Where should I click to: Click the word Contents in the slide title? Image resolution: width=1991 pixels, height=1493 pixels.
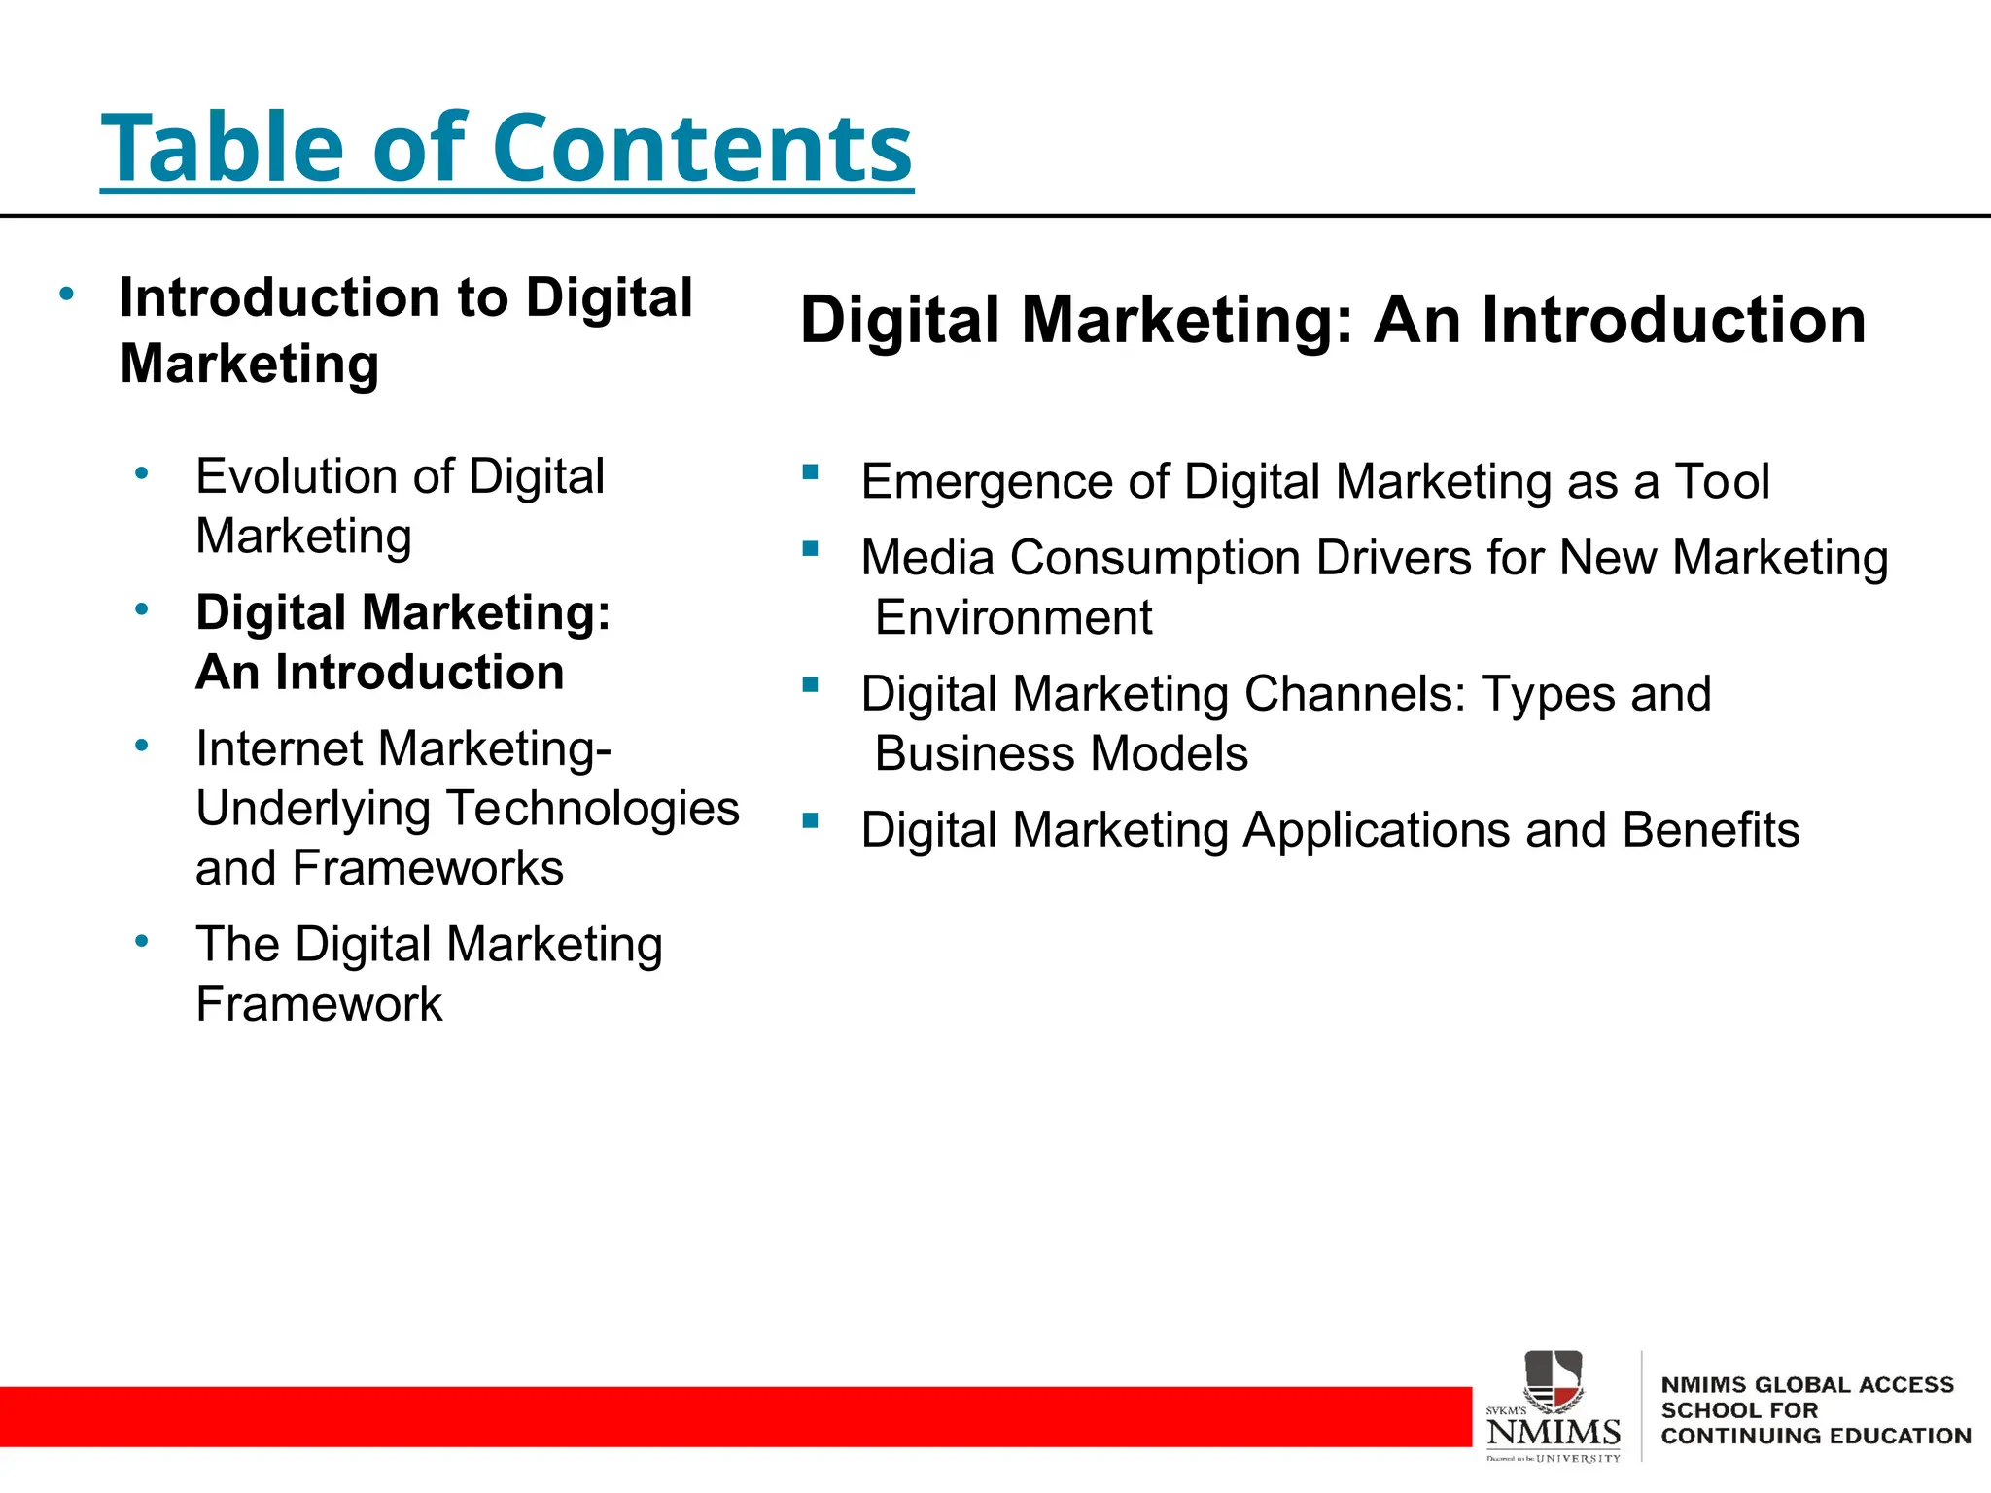[x=702, y=148]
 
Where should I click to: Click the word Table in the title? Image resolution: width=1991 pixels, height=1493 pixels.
[x=222, y=148]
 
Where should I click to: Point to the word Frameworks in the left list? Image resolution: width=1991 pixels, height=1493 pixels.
[x=428, y=868]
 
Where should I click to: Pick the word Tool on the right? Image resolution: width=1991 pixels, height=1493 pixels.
[x=1722, y=482]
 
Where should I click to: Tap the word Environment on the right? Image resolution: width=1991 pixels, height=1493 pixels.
[x=1013, y=618]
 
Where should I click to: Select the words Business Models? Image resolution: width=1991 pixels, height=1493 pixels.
[x=1061, y=754]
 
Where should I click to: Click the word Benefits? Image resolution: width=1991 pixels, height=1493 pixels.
[x=1710, y=831]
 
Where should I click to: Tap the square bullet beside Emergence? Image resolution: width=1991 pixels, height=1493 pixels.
[x=811, y=473]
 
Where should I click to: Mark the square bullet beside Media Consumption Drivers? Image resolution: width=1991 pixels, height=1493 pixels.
[x=811, y=549]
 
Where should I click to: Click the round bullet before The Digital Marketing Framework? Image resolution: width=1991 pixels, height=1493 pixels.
[x=142, y=941]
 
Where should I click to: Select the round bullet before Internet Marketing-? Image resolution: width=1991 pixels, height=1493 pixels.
[x=142, y=746]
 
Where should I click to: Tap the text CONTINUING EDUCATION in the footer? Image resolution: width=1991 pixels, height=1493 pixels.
[x=1815, y=1437]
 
